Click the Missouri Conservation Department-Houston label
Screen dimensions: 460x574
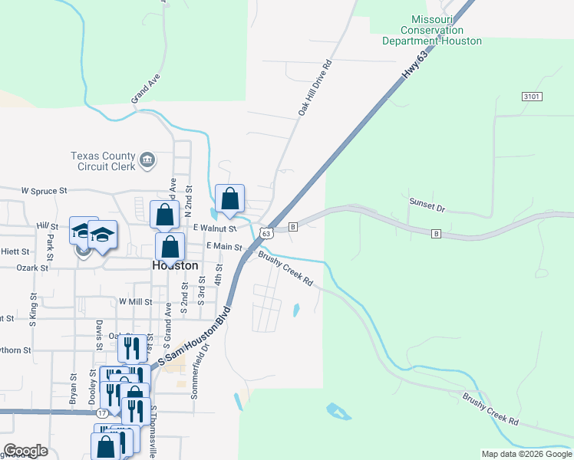[x=432, y=30]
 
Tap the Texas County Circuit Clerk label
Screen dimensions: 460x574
[x=103, y=160]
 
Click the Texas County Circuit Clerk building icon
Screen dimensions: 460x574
[x=147, y=160]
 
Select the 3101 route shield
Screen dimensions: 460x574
[x=532, y=97]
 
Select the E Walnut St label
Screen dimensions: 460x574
[x=215, y=228]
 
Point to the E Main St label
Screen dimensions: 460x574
[x=225, y=247]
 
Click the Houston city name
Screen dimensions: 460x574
[x=175, y=265]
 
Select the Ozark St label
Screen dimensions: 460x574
[x=32, y=268]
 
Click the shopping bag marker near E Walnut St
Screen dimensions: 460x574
[x=229, y=199]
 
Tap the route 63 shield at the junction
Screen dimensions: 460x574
[x=266, y=232]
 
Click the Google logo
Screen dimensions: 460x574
[x=25, y=451]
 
